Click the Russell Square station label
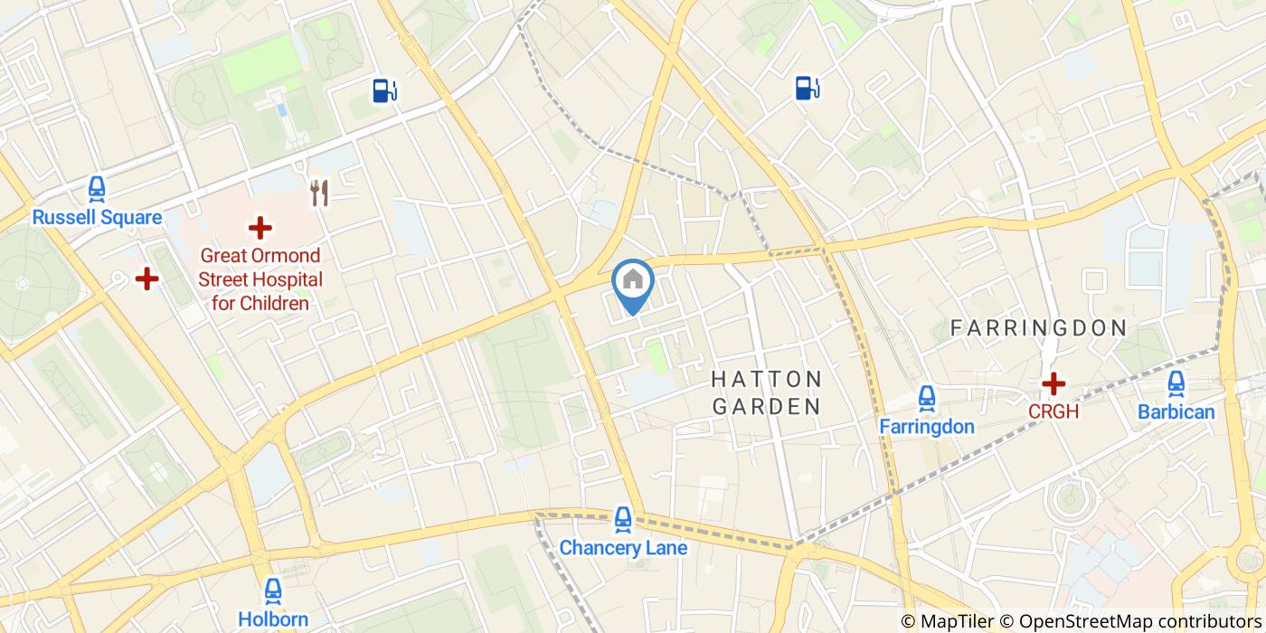point(97,217)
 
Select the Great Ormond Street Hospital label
point(260,279)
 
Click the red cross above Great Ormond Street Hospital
point(260,228)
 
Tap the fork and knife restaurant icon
point(318,192)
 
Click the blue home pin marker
point(633,282)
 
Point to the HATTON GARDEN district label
point(767,392)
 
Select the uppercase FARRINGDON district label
point(1038,328)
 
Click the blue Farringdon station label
point(927,426)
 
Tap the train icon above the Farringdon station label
point(927,398)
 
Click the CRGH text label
point(1053,411)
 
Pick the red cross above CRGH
point(1053,384)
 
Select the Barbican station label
point(1176,411)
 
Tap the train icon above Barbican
point(1176,384)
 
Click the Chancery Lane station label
point(623,547)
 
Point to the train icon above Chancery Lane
point(623,519)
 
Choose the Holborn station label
point(273,619)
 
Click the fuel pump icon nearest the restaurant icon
point(384,90)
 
